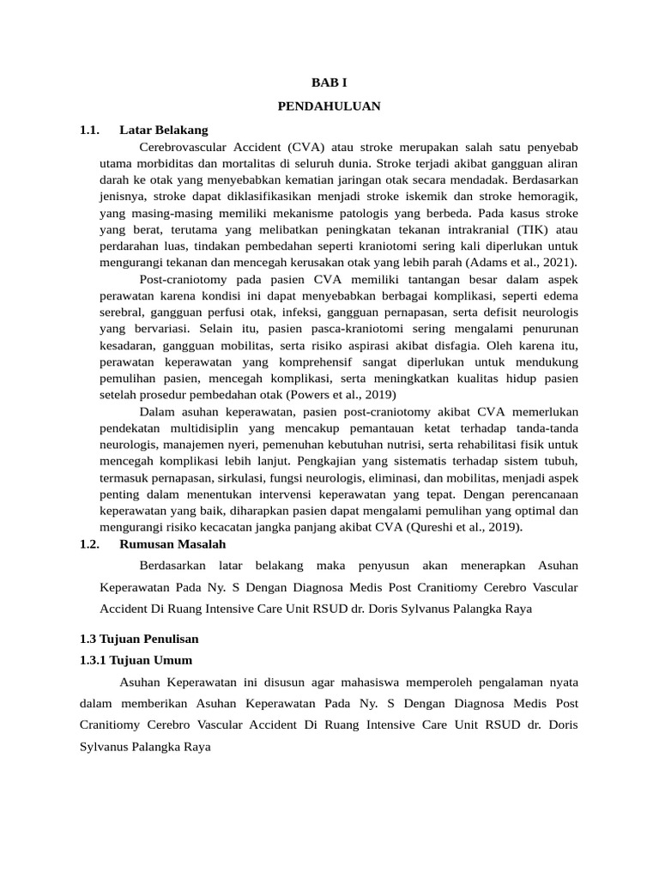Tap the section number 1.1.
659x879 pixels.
(x=89, y=130)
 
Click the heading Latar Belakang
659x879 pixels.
(x=164, y=130)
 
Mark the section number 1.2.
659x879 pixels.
(x=89, y=543)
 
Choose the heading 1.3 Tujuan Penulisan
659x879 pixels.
(x=138, y=639)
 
